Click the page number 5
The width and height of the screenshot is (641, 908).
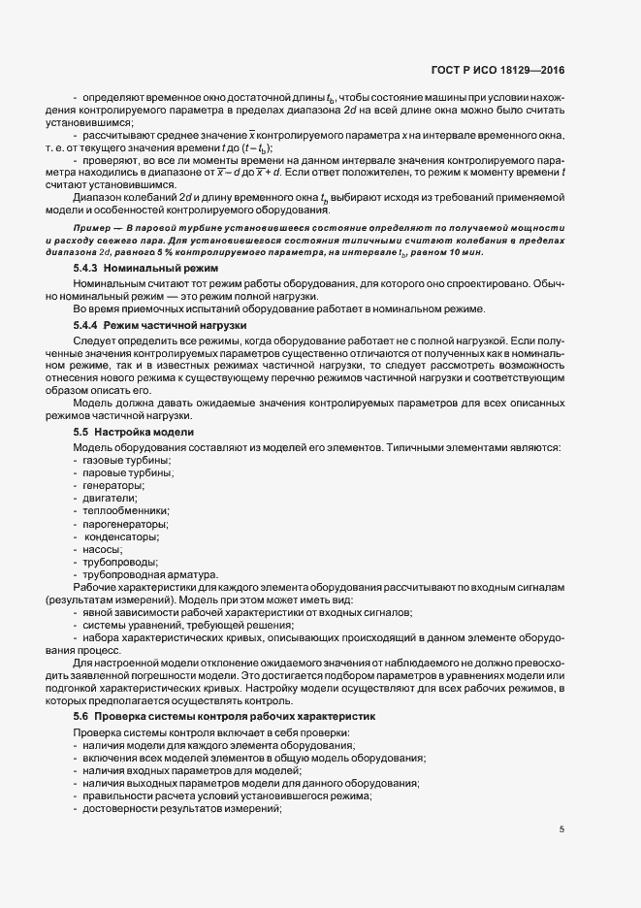[562, 828]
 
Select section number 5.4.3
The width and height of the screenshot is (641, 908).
[85, 267]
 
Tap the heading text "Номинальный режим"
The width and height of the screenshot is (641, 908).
[161, 267]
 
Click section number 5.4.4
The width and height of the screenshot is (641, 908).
[85, 327]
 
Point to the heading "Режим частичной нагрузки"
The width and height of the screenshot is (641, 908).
[176, 327]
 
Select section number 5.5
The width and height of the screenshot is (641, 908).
[80, 430]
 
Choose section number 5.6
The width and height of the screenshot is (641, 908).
[80, 715]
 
